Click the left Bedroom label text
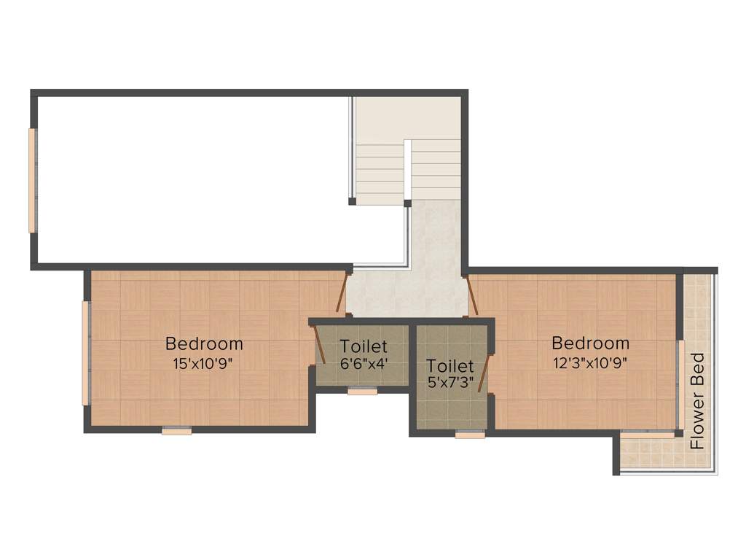click(x=204, y=343)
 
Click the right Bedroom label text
click(x=590, y=343)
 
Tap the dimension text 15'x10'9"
click(x=204, y=362)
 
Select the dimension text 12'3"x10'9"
click(x=590, y=362)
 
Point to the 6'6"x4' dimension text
click(x=364, y=362)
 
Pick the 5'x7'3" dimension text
click(x=450, y=381)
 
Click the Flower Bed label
click(x=698, y=400)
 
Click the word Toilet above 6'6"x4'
click(x=364, y=346)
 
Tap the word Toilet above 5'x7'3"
click(x=450, y=365)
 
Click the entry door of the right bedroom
click(x=471, y=295)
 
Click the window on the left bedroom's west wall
click(x=86, y=353)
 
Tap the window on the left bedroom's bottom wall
click(x=176, y=431)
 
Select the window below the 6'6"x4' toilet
click(x=362, y=392)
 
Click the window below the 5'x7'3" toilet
click(x=470, y=435)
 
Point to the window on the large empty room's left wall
click(x=32, y=180)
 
